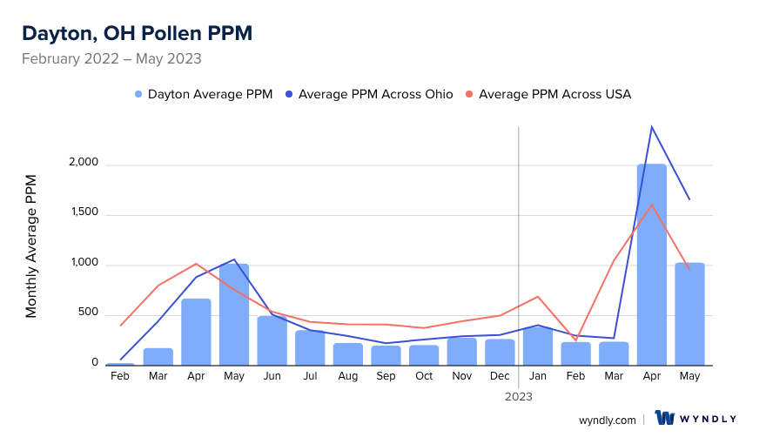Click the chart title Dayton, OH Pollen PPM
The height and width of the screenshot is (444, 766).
[x=137, y=33]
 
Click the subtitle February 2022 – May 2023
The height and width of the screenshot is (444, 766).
[x=111, y=59]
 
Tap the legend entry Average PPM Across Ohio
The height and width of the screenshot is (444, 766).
[x=375, y=94]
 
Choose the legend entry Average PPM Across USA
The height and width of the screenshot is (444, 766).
[x=554, y=94]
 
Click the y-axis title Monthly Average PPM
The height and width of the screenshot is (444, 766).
[x=31, y=246]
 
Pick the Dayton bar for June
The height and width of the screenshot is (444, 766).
[x=272, y=340]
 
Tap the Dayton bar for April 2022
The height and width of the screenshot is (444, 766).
[x=196, y=332]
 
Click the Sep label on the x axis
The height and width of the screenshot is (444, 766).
[x=386, y=376]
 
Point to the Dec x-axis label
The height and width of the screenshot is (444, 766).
[x=500, y=376]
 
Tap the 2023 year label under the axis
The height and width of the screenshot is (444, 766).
[x=519, y=396]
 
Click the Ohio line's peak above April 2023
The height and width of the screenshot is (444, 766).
[x=651, y=127]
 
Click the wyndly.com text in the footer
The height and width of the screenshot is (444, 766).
[x=607, y=420]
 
